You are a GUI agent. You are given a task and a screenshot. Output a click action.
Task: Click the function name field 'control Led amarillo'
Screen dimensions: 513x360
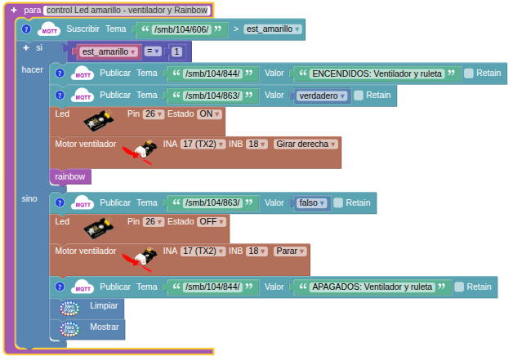pyautogui.click(x=127, y=10)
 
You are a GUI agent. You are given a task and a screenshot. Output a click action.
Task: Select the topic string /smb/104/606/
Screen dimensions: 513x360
pyautogui.click(x=181, y=29)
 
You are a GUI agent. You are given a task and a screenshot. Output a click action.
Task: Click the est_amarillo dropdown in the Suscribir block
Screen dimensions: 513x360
pyautogui.click(x=273, y=29)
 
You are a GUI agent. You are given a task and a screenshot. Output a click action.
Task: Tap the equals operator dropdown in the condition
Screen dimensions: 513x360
pyautogui.click(x=153, y=51)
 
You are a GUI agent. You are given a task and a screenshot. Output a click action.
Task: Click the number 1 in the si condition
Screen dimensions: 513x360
pyautogui.click(x=176, y=51)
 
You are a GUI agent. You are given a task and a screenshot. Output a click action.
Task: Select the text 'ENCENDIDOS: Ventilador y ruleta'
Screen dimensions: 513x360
pyautogui.click(x=377, y=73)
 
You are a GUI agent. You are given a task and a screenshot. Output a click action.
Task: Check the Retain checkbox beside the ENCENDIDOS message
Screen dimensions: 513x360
pyautogui.click(x=469, y=73)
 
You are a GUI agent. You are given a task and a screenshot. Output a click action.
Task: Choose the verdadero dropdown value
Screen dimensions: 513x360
pyautogui.click(x=322, y=96)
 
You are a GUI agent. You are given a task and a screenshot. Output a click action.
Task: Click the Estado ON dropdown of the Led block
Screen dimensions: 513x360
pyautogui.click(x=209, y=113)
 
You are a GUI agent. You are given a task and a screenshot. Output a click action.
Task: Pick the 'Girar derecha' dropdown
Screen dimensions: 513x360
pyautogui.click(x=306, y=144)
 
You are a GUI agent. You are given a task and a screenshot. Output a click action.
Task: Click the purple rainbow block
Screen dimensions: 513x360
pyautogui.click(x=70, y=176)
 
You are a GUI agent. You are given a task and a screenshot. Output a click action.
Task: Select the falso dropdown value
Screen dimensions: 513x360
pyautogui.click(x=311, y=202)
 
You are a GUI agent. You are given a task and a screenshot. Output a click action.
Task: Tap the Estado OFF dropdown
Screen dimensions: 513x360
pyautogui.click(x=212, y=221)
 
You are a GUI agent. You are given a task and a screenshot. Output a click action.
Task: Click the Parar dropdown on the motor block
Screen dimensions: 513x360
pyautogui.click(x=290, y=251)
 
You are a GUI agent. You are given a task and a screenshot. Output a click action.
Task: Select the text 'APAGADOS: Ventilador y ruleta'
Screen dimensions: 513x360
pyautogui.click(x=372, y=287)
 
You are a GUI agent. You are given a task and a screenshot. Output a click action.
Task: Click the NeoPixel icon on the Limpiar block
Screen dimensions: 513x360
pyautogui.click(x=69, y=308)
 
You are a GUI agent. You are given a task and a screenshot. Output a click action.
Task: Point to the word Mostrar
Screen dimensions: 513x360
pyautogui.click(x=105, y=327)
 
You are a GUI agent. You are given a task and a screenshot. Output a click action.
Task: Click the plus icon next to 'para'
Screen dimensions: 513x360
pyautogui.click(x=14, y=10)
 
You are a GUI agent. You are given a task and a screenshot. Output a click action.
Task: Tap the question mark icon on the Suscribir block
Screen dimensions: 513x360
pyautogui.click(x=26, y=29)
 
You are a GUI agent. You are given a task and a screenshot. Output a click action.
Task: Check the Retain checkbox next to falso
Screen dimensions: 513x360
pyautogui.click(x=338, y=202)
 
